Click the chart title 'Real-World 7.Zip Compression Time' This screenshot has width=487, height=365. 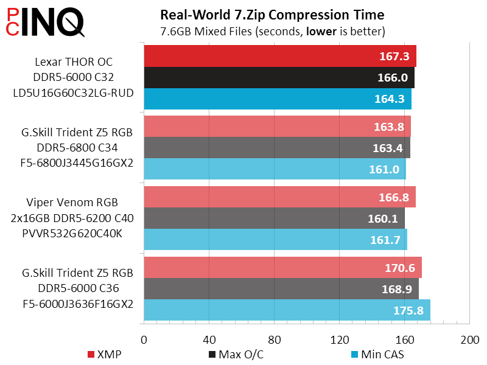[x=272, y=14]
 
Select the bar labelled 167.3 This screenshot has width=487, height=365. [x=280, y=57]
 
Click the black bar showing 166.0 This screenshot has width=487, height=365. [x=279, y=78]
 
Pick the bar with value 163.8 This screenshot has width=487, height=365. [x=277, y=127]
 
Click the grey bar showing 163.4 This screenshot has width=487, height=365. [x=277, y=148]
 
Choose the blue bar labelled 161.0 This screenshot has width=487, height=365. [x=275, y=169]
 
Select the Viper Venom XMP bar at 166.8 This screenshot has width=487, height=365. [x=279, y=197]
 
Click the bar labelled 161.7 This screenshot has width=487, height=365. [x=275, y=240]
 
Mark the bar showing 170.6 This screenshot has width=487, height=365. [x=282, y=268]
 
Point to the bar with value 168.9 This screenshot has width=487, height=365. [x=281, y=288]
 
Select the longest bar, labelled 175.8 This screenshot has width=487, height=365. [x=287, y=310]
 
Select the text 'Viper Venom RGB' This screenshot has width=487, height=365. [x=72, y=203]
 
